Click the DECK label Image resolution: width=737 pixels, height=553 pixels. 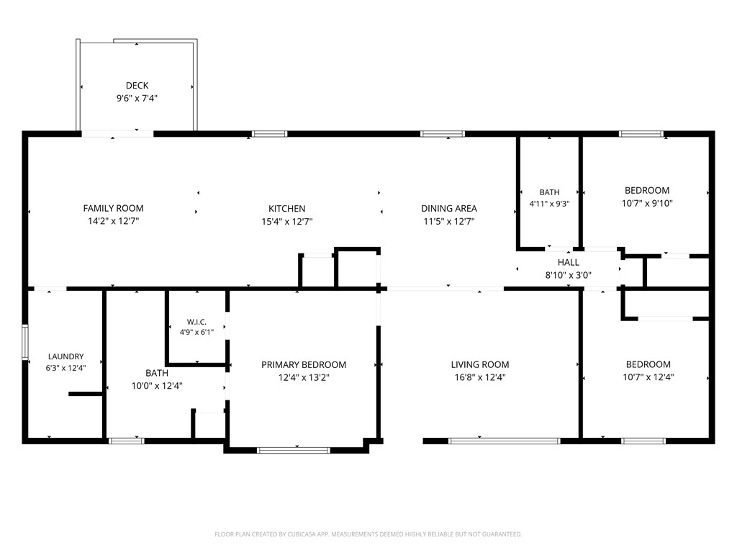coord(137,86)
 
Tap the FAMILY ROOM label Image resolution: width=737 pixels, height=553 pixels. coord(113,208)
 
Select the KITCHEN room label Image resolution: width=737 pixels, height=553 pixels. coord(286,209)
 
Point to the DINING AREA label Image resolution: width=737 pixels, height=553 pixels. coord(449,208)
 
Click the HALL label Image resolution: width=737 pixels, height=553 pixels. coord(569,262)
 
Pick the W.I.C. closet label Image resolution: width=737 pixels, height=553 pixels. coord(196,322)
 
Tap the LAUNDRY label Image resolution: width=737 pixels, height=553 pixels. coord(65,357)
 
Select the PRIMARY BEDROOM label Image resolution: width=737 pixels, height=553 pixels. coord(304,365)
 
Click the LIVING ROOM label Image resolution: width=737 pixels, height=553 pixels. coord(480,364)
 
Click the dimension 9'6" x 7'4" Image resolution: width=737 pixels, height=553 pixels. coord(137,98)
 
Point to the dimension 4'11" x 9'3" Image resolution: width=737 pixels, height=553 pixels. coord(549,204)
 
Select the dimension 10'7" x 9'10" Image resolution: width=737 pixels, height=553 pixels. coord(647,203)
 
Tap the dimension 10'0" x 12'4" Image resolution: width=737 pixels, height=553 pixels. coord(157,386)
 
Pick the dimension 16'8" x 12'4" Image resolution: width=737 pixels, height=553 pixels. coord(480,377)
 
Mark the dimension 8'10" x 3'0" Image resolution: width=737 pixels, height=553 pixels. coord(569,275)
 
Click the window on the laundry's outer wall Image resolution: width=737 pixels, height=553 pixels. coord(25,342)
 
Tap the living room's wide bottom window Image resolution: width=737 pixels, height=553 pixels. coord(505,441)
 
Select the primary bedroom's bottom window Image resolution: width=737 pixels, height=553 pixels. coord(294,451)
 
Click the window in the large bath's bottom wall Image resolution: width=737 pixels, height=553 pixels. coord(127,441)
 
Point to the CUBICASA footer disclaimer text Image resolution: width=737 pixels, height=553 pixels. coord(368,534)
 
